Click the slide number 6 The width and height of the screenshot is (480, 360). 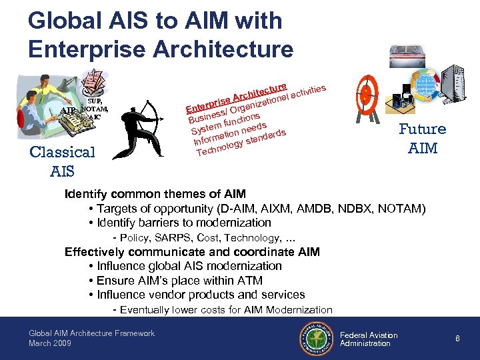click(x=457, y=339)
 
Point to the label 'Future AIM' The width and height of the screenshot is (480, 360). click(x=423, y=138)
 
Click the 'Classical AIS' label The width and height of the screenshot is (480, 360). click(x=63, y=161)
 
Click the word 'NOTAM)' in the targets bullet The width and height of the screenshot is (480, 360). click(x=401, y=209)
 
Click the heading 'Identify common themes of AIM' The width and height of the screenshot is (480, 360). click(x=155, y=194)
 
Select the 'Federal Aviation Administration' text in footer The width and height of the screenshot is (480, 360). click(x=369, y=339)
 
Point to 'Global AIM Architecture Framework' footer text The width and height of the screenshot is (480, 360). click(x=91, y=333)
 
